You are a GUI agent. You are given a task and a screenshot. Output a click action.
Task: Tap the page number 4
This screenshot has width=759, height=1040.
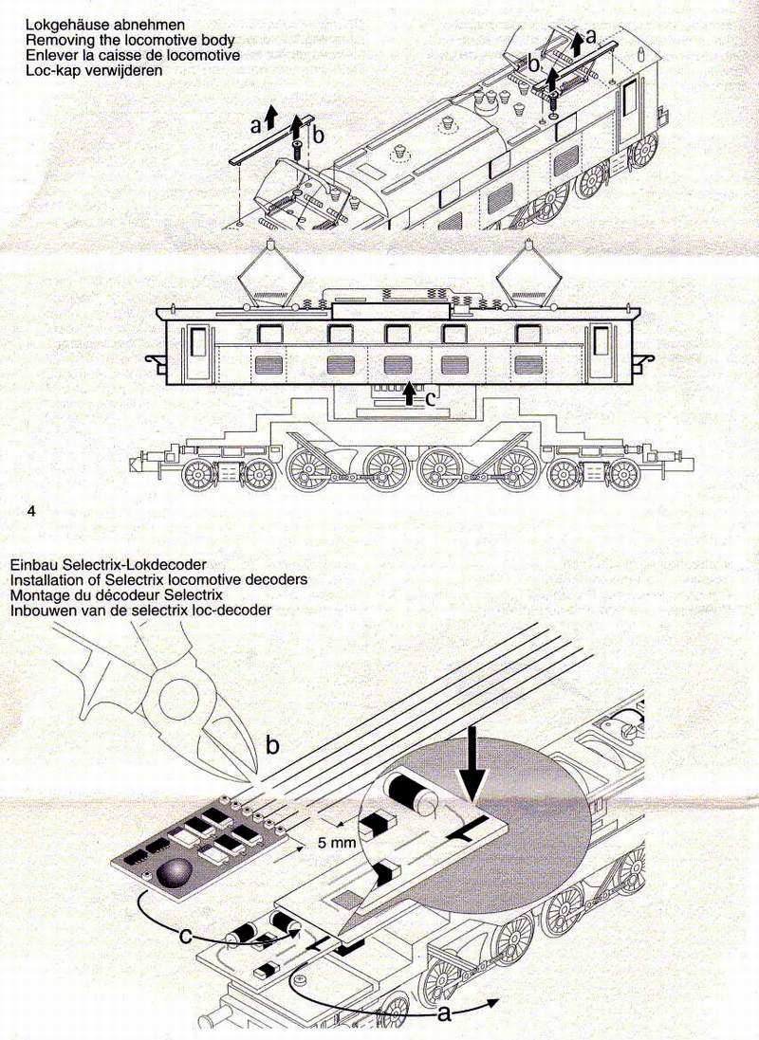coord(31,511)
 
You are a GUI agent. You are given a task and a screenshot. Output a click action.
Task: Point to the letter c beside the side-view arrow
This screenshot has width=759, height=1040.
coord(431,398)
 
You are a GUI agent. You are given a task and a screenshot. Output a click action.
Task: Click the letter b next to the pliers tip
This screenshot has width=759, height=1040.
coord(272,745)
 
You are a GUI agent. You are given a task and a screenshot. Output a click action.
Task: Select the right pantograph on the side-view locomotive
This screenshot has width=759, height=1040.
coord(527,273)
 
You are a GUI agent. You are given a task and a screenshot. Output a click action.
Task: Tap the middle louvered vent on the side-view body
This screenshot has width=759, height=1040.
coord(398,365)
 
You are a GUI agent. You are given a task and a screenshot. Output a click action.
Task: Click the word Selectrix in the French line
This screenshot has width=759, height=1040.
coord(193,595)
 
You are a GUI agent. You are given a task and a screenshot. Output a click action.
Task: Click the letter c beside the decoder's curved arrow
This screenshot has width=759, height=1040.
coord(188,935)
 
